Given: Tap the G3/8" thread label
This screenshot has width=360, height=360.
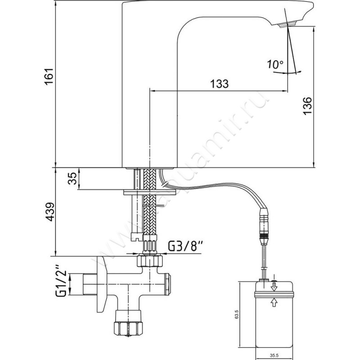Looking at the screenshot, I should tap(186, 246).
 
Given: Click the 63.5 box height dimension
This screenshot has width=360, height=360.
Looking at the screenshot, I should tap(231, 314).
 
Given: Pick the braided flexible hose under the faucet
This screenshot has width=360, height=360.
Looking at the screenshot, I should tap(149, 202).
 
